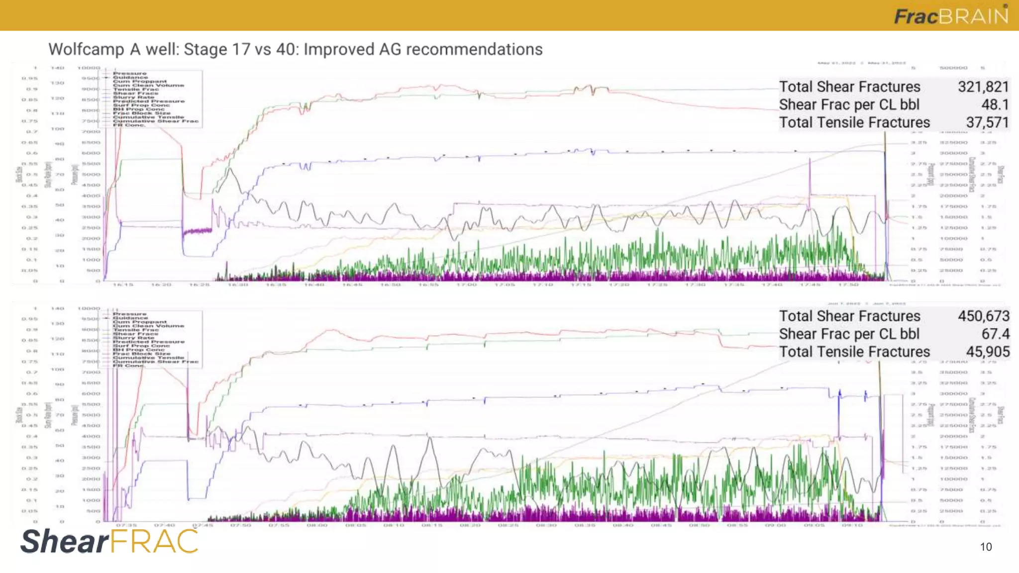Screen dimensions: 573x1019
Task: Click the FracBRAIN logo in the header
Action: pos(951,16)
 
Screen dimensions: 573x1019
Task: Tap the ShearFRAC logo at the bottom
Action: pos(109,541)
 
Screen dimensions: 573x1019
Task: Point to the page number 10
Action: pos(986,547)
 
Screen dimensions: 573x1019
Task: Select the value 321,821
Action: pos(983,87)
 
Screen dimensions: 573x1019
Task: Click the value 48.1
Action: pos(995,105)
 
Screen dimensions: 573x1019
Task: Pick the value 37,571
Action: pos(987,123)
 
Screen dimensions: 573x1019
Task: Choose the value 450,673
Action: pos(984,316)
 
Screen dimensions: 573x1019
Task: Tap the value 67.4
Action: pos(995,334)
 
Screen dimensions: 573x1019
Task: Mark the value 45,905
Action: pos(988,352)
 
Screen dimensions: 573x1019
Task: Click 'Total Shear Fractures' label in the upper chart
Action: pos(849,87)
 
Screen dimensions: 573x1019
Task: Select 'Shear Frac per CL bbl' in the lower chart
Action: pos(849,334)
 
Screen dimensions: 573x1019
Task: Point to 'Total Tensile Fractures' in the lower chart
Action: pos(854,352)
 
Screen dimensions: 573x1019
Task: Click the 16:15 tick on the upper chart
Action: pos(123,285)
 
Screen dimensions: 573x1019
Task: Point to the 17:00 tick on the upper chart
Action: pos(466,285)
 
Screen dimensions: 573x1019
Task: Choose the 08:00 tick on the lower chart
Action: pos(317,525)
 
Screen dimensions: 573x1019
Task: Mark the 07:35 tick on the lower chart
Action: pos(126,525)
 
